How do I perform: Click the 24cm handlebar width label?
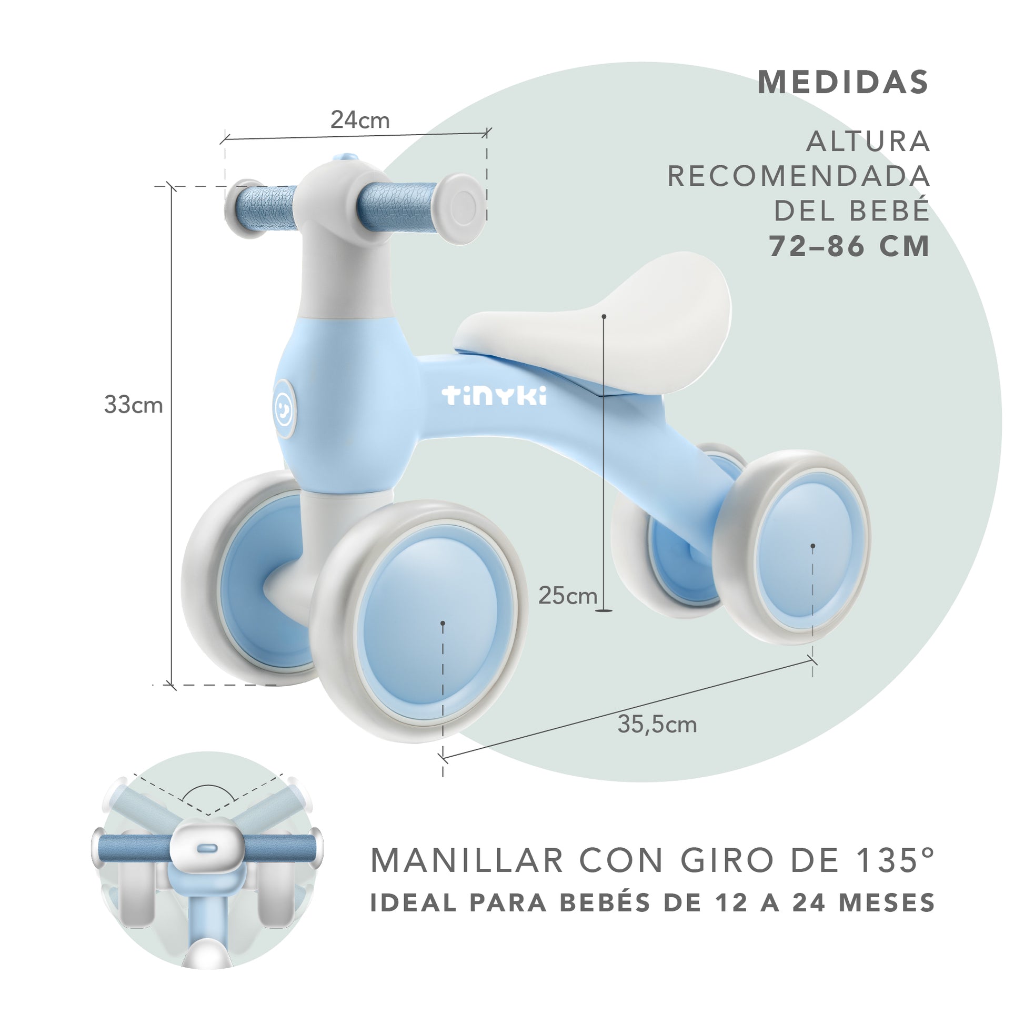[360, 121]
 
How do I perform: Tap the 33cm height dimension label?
[133, 405]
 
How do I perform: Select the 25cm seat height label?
[568, 596]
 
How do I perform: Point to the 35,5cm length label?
[657, 725]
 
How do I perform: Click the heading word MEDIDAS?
[844, 82]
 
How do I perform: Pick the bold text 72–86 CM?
[850, 246]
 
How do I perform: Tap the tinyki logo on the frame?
[495, 395]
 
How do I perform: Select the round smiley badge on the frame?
[285, 409]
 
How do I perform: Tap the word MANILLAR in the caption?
[466, 860]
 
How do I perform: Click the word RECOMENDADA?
[798, 176]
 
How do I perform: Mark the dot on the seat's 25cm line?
[604, 316]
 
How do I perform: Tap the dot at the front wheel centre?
[443, 624]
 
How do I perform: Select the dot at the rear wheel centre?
[812, 545]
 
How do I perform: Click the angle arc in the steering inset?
[208, 791]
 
